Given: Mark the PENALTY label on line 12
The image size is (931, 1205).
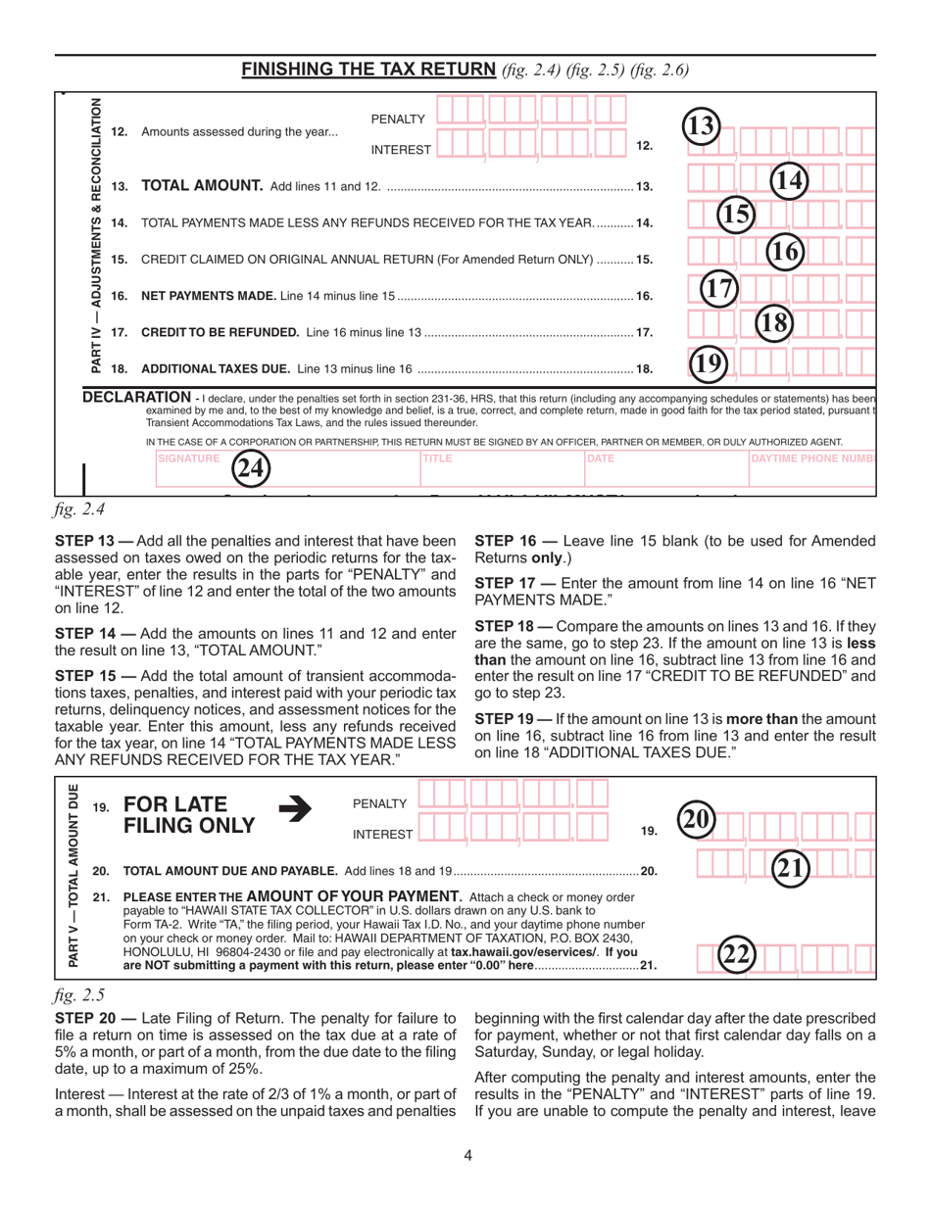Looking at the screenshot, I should (398, 119).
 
